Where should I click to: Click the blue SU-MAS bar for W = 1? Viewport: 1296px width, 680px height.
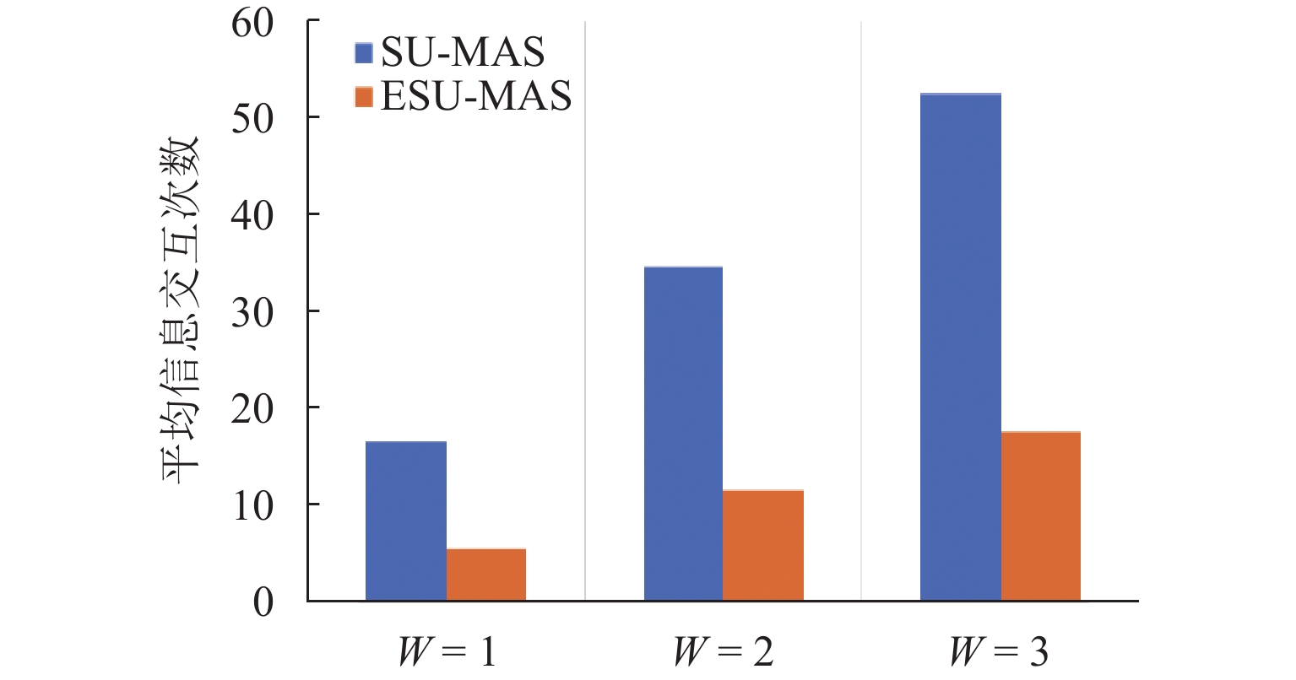(x=406, y=521)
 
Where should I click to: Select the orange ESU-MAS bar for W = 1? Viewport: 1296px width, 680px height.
(x=486, y=575)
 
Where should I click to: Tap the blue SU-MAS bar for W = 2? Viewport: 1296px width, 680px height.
(x=683, y=434)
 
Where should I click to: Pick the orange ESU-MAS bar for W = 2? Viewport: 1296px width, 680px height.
(x=763, y=545)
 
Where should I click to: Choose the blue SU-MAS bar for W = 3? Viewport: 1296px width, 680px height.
(x=960, y=347)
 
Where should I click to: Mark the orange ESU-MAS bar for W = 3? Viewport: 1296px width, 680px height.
(x=1041, y=516)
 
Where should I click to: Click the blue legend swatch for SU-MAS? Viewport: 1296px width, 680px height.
(x=364, y=54)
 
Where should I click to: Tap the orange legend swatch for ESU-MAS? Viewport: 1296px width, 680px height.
(x=364, y=98)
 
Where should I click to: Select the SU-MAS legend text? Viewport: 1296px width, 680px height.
(x=462, y=54)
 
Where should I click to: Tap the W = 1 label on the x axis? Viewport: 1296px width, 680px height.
(x=446, y=652)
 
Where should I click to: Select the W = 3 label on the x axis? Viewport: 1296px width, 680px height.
(x=1000, y=652)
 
